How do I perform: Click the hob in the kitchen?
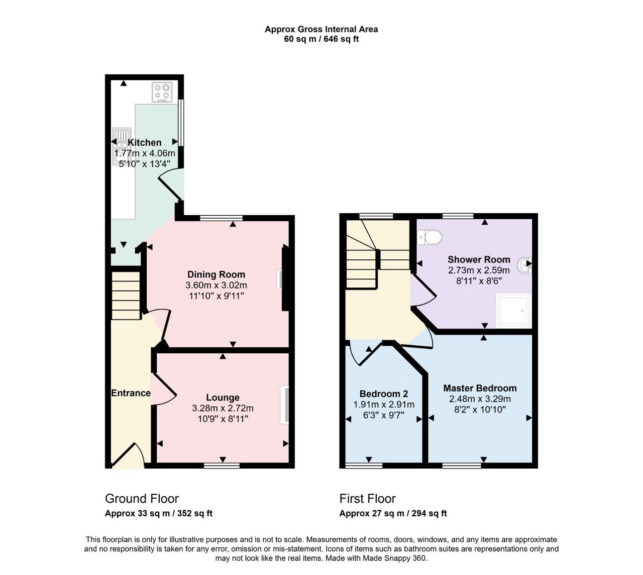tap(162, 92)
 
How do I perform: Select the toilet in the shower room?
tap(429, 237)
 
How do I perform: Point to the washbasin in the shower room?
tap(524, 264)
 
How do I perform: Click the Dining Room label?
tap(216, 274)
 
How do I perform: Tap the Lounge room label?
tap(223, 397)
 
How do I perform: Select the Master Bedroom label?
tap(480, 388)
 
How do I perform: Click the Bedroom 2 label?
tap(384, 394)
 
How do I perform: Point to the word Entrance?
tap(131, 393)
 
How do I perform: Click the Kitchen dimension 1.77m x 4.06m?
tap(145, 154)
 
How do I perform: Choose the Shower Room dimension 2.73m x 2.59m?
tap(479, 270)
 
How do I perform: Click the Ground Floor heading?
tap(142, 499)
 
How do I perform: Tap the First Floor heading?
tap(368, 499)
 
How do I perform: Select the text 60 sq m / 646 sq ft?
tap(321, 39)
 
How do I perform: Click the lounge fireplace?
tap(284, 404)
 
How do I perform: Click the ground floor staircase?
tap(126, 296)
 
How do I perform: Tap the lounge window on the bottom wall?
tap(222, 465)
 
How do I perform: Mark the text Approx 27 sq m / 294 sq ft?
tap(393, 513)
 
